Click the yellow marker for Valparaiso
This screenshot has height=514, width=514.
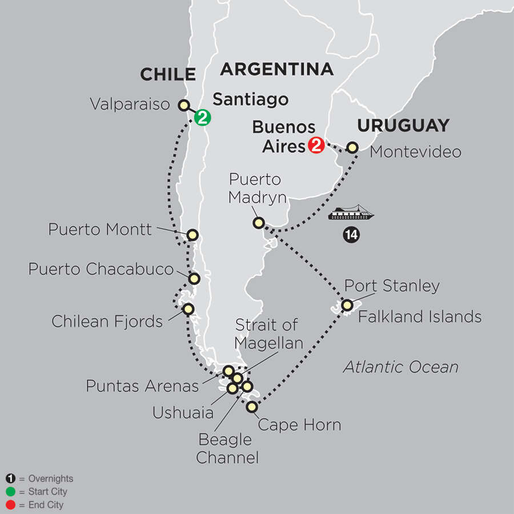click(184, 105)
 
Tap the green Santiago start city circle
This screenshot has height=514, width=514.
click(202, 118)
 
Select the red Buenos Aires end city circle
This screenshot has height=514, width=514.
click(315, 146)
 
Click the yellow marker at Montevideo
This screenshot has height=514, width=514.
click(353, 147)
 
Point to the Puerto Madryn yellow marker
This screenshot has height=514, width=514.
click(259, 222)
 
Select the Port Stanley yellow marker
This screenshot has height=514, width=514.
click(347, 306)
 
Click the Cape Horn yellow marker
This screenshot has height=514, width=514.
click(252, 407)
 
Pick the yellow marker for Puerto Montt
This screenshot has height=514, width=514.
click(192, 235)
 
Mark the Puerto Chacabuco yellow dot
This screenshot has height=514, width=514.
click(194, 279)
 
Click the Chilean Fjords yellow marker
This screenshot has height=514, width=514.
click(187, 309)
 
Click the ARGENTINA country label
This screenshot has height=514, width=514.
click(276, 69)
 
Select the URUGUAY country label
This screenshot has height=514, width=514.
click(403, 125)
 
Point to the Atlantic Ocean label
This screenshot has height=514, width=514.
click(400, 367)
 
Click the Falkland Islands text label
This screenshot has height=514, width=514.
click(420, 316)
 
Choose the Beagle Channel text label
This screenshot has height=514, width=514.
click(224, 448)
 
